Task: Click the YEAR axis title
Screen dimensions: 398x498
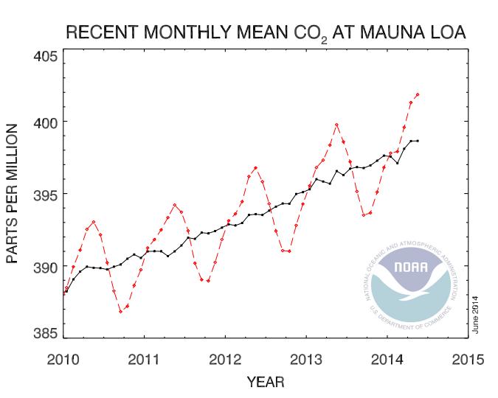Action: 266,383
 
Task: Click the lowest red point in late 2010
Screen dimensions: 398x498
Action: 120,312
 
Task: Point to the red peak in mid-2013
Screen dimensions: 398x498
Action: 336,125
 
